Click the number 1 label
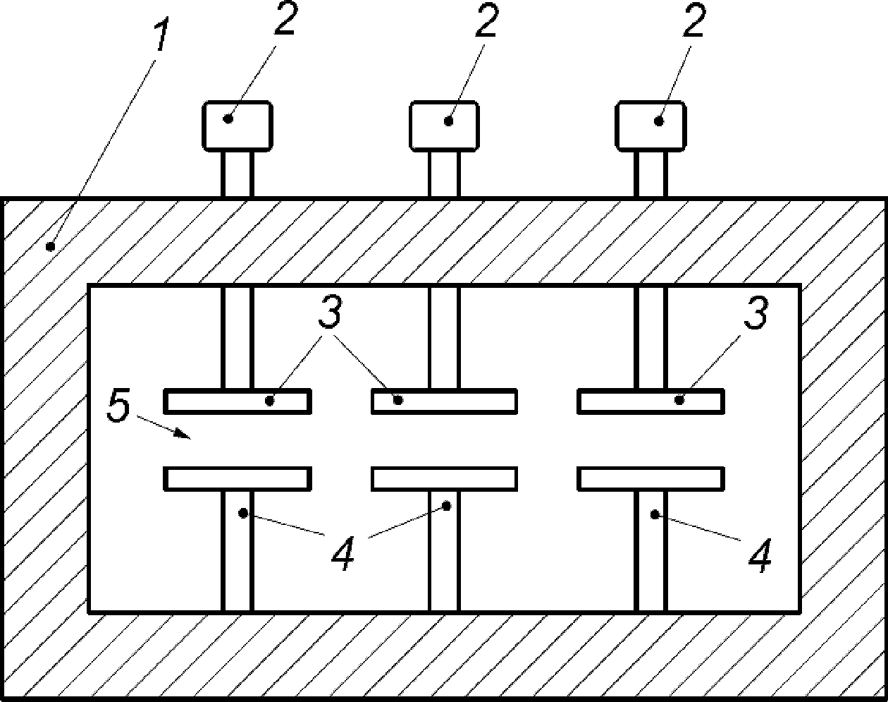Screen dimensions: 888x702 [x=162, y=35]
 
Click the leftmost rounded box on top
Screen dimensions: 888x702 [x=238, y=126]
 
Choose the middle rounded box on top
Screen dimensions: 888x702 [x=445, y=126]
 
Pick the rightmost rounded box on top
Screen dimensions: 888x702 [x=650, y=126]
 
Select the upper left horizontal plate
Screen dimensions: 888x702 [x=238, y=401]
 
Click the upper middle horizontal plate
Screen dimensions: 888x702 [x=445, y=401]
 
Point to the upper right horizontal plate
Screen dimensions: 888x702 [x=650, y=401]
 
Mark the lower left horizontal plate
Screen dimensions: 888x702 [x=238, y=479]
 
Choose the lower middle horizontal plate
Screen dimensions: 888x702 [x=445, y=479]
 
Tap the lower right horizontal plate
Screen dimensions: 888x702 [x=650, y=479]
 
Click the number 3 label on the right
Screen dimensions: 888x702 [x=756, y=313]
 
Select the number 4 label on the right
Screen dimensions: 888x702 [x=760, y=556]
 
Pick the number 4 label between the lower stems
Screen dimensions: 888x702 [x=343, y=553]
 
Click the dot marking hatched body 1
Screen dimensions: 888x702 [x=50, y=247]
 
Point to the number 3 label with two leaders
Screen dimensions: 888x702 [x=330, y=313]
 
